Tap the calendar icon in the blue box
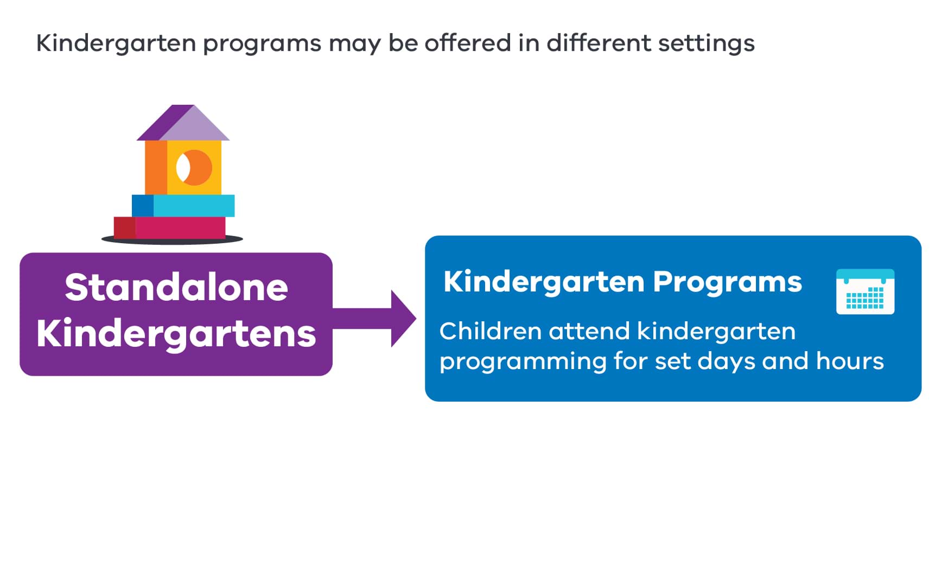pyautogui.click(x=864, y=292)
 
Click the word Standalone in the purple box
pyautogui.click(x=176, y=287)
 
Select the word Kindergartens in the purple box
pyautogui.click(x=176, y=333)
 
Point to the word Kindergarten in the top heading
pyautogui.click(x=116, y=43)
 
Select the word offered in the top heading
pyautogui.click(x=467, y=43)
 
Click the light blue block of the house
pyautogui.click(x=193, y=206)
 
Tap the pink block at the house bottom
pyautogui.click(x=180, y=227)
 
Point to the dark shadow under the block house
pyautogui.click(x=172, y=240)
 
